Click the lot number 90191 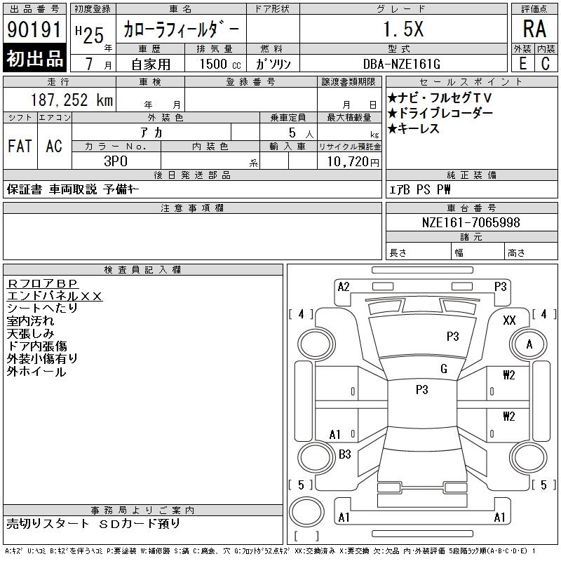[x=34, y=29]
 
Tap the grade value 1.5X [x=403, y=29]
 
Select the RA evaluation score [x=534, y=29]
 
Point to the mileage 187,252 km [x=72, y=100]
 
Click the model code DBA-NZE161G [x=401, y=64]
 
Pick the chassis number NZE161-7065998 [x=471, y=222]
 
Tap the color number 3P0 [x=116, y=161]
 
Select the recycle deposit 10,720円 [x=353, y=162]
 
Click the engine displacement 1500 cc [x=220, y=64]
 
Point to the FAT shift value [x=20, y=146]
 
